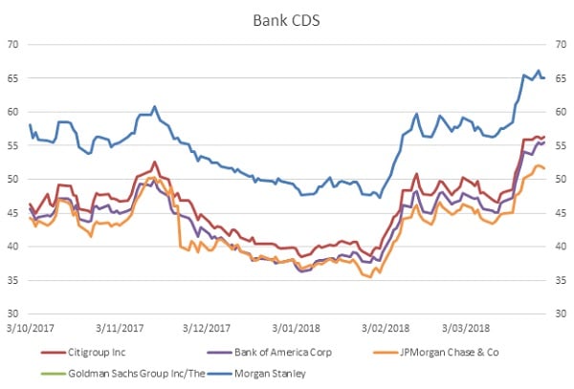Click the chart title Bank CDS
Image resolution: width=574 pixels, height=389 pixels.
pyautogui.click(x=286, y=18)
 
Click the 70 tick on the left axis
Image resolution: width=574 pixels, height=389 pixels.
pyautogui.click(x=14, y=44)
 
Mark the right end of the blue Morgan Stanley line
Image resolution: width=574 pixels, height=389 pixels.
pyautogui.click(x=544, y=77)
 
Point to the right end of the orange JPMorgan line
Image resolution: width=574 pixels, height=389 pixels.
pyautogui.click(x=544, y=168)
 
